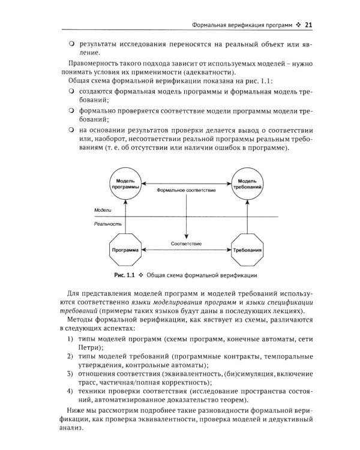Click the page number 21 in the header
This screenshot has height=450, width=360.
[x=308, y=25]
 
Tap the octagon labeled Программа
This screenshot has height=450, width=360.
[x=125, y=249]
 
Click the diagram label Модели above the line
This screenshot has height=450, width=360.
[x=103, y=211]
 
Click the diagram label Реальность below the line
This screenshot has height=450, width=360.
[x=107, y=223]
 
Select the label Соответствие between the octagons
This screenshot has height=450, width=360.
[x=186, y=244]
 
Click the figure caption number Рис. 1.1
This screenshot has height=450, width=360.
[x=124, y=275]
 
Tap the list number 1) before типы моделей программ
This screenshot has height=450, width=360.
[x=70, y=341]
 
